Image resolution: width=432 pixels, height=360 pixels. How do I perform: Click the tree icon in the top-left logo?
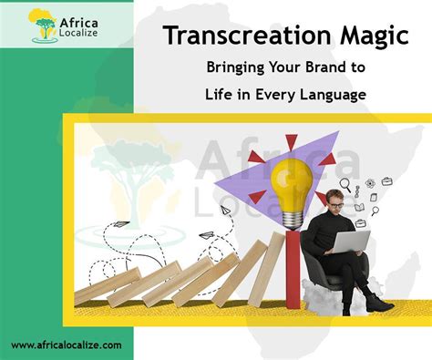pos(43,26)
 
